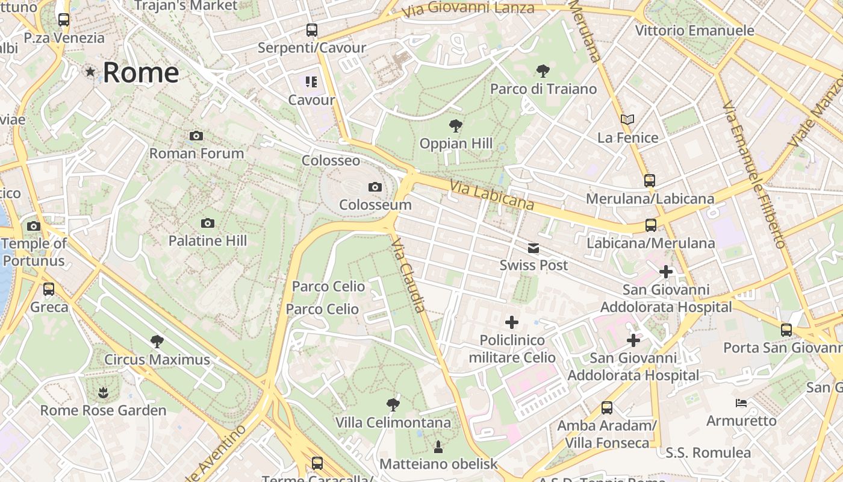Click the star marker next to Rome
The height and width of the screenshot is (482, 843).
tap(90, 72)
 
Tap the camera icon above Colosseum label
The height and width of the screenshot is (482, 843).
tap(375, 187)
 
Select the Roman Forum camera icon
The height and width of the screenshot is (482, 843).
tap(196, 136)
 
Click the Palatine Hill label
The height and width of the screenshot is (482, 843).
tap(208, 241)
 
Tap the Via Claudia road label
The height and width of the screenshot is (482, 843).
tap(408, 275)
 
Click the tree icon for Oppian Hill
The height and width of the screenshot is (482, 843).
tap(456, 126)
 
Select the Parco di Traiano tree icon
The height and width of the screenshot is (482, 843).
tap(543, 71)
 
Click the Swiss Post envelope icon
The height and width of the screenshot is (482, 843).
tap(533, 248)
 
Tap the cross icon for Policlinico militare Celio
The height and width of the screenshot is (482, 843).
tap(512, 322)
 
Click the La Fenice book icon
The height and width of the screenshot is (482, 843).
tap(627, 120)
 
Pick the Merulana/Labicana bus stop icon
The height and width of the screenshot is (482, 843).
tap(649, 180)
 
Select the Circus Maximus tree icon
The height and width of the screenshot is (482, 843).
tap(157, 342)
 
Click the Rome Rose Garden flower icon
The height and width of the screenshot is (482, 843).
tap(103, 393)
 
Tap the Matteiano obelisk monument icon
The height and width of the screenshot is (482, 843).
tap(438, 447)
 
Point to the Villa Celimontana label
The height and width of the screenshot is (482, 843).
tap(393, 423)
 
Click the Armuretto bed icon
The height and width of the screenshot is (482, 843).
tap(741, 402)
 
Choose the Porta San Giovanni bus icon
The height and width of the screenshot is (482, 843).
tap(786, 330)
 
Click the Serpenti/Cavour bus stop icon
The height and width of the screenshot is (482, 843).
tap(312, 30)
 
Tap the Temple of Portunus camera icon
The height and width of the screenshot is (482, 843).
tap(34, 227)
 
